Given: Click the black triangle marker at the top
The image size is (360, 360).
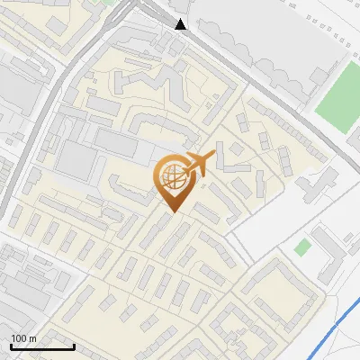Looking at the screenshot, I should coord(181,24).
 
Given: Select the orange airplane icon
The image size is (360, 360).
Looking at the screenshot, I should coord(200,165).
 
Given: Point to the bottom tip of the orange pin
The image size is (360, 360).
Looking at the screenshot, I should coord(173,212).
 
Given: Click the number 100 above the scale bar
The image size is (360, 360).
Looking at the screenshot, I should coord(19,338).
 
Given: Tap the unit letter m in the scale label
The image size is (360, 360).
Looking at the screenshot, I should coord(32,338).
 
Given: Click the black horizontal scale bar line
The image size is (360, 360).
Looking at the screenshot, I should coord(41,346).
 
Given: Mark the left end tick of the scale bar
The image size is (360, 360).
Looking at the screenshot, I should coord(10,345).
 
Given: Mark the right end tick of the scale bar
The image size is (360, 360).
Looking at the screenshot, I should coord(73,345).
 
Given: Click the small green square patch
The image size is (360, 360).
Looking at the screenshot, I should coord(304,246).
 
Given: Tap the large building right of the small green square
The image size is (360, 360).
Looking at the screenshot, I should coord(333,256).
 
